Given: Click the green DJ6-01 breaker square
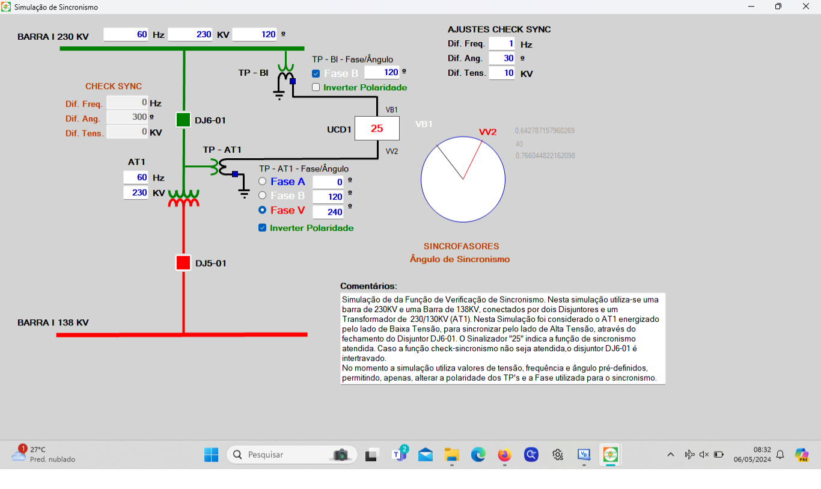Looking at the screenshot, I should pos(183,120).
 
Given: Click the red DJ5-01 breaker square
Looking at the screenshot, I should pos(183,263).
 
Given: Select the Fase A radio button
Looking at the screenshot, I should pos(263,182).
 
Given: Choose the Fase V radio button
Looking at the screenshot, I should pos(263,211).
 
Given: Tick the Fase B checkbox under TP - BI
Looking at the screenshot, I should pos(316,73).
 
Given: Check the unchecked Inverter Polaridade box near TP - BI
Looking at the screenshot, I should pos(316,87).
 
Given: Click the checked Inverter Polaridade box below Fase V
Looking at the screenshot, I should pos(263,228).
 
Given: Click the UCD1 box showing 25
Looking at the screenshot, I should pos(377,129).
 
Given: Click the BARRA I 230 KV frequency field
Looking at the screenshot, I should pos(126,35).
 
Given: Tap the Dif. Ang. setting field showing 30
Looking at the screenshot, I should pos(501,58).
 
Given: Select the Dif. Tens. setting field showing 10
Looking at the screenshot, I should pos(501,73).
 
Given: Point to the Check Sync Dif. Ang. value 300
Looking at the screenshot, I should pos(127,118).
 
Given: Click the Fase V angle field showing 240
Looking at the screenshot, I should pos(328,212).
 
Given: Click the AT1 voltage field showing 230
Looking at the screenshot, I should pos(135,193).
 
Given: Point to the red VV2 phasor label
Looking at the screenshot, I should pos(487,132).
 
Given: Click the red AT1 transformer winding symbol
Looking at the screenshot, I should pos(183,204).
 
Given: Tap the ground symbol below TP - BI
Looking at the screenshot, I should pos(279,94).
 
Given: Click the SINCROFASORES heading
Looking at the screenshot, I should pos(461,247).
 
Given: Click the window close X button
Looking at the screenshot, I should pos(806,7).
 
